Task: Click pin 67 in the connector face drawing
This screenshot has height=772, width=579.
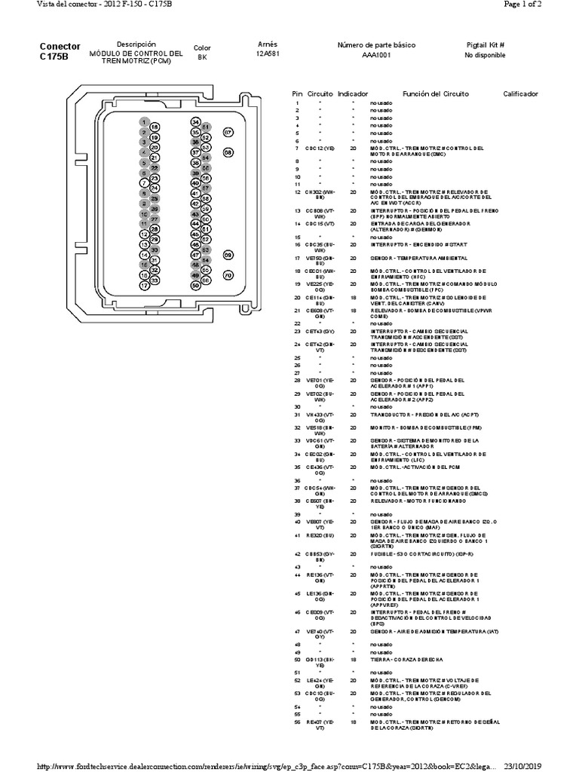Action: [x=228, y=132]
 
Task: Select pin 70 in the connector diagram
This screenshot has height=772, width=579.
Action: [x=228, y=276]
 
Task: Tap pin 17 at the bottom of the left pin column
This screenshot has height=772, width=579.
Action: [x=144, y=286]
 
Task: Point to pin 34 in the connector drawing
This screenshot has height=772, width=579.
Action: [x=195, y=122]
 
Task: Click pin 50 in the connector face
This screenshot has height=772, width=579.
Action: [x=195, y=286]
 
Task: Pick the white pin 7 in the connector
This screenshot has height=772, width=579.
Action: [x=144, y=182]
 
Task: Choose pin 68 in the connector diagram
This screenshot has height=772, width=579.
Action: [x=228, y=152]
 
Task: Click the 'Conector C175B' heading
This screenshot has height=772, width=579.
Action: [x=60, y=51]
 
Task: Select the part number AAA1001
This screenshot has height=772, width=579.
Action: [x=377, y=56]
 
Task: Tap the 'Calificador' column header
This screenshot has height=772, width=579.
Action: [x=520, y=93]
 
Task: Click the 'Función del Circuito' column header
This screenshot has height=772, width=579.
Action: [x=435, y=93]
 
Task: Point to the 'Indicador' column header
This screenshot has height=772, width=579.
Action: [x=353, y=93]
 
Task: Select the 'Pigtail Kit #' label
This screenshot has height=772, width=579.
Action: [x=485, y=45]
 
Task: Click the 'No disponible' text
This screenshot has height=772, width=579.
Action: [x=485, y=56]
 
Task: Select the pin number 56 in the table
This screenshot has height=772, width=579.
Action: [x=297, y=721]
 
